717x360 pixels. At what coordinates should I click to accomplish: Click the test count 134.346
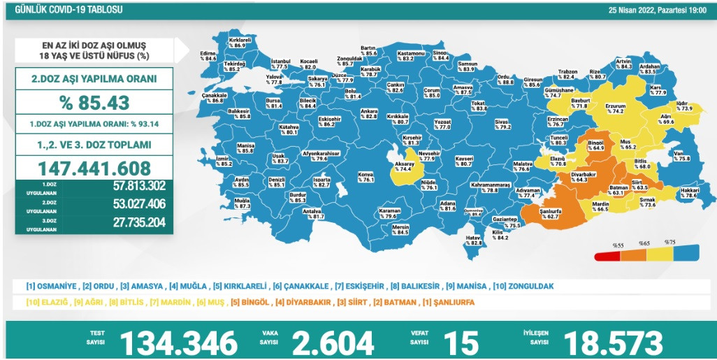(179, 343)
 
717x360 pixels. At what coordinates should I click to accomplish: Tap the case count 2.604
(333, 343)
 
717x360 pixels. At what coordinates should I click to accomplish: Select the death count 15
(461, 343)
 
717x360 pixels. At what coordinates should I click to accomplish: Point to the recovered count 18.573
(613, 343)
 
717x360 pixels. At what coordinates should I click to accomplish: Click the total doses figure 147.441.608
(94, 168)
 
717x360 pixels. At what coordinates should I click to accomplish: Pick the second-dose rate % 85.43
(94, 103)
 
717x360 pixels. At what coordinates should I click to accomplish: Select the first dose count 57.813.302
(129, 187)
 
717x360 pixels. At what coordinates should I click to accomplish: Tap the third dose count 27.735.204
(129, 223)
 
